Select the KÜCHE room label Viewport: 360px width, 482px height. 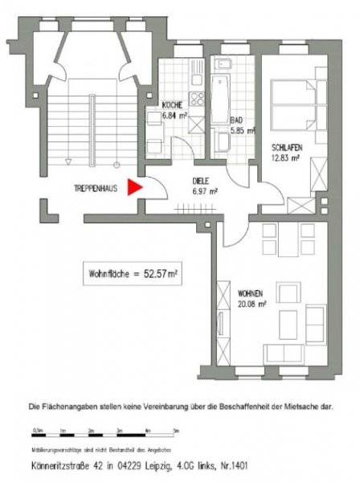point(170,105)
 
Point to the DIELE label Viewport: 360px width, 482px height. point(201,182)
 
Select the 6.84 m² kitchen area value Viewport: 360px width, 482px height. point(174,114)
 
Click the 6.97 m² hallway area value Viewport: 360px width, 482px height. point(203,191)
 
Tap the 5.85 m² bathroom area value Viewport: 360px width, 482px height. point(243,130)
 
